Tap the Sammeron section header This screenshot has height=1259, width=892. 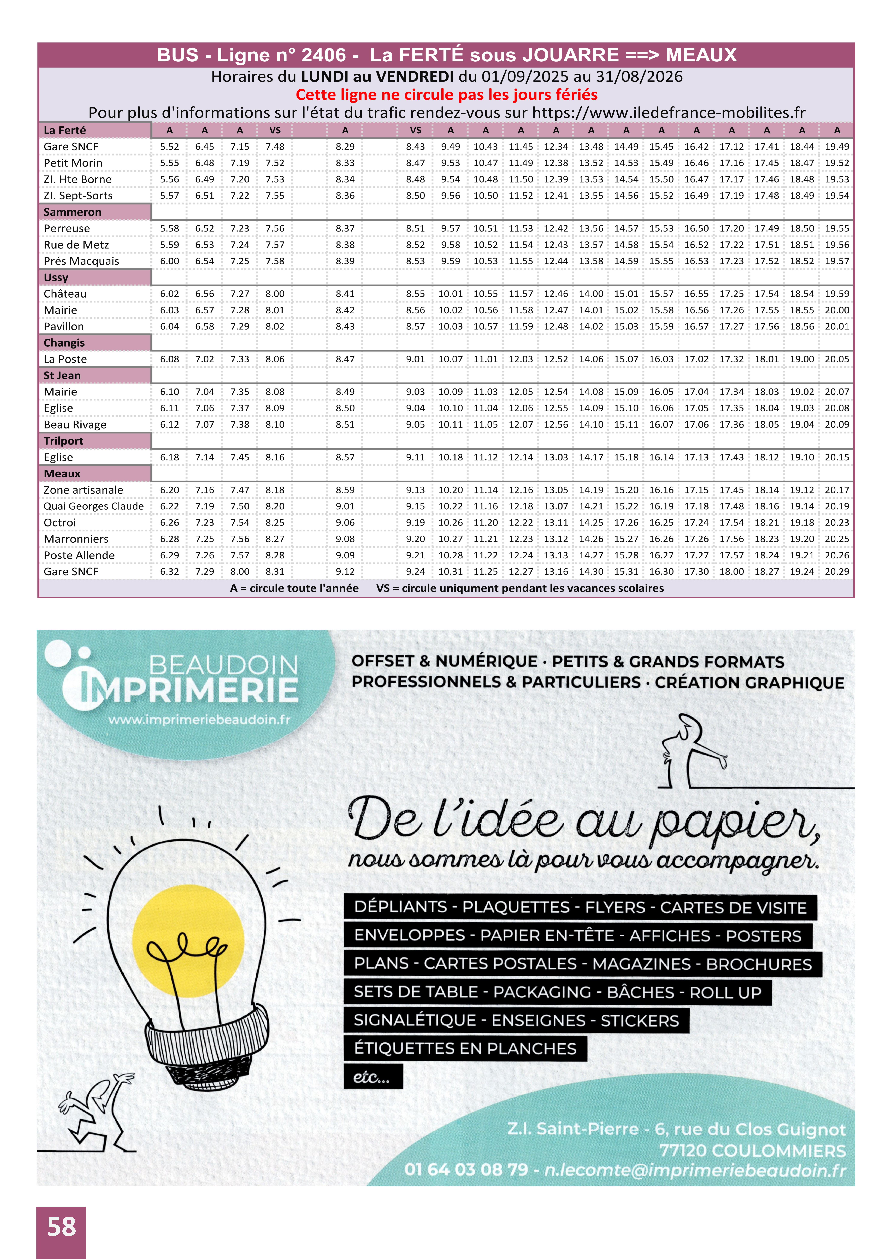pyautogui.click(x=73, y=212)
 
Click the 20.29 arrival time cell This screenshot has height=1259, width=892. pyautogui.click(x=837, y=572)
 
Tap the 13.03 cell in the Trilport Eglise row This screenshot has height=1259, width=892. pyautogui.click(x=556, y=457)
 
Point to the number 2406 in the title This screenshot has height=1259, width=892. pyautogui.click(x=323, y=55)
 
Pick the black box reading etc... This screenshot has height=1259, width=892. pyautogui.click(x=373, y=1077)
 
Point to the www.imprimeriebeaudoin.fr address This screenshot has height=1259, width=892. pyautogui.click(x=199, y=719)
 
